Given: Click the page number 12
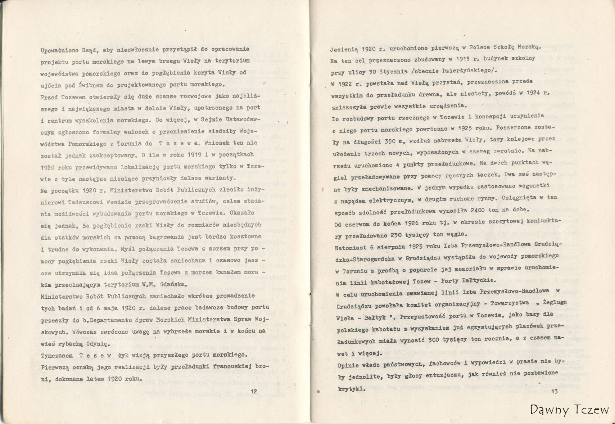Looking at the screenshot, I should click(253, 391).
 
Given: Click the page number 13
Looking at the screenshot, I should click(554, 391).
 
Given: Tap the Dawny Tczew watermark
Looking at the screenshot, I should click(569, 410).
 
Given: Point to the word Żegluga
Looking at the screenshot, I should click(543, 303).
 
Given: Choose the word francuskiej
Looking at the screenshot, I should click(232, 367).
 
